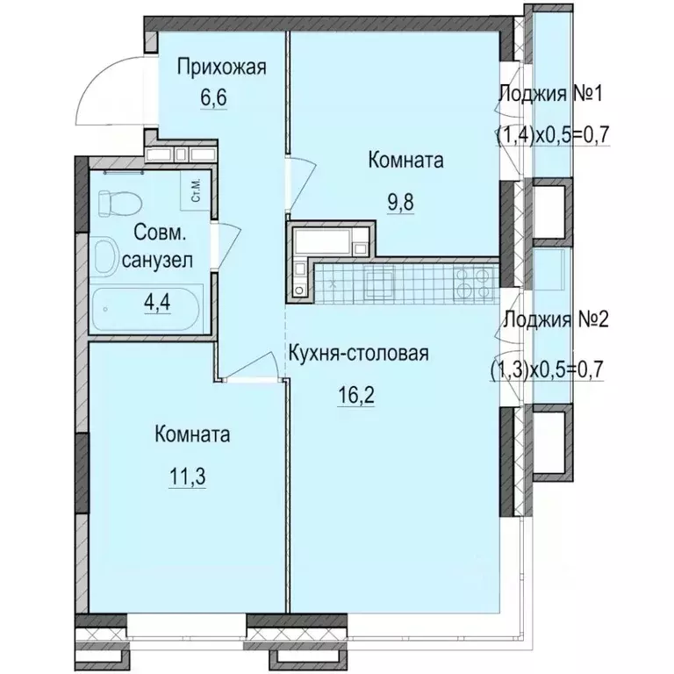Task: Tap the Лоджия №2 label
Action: (552, 319)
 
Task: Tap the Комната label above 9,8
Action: (405, 161)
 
